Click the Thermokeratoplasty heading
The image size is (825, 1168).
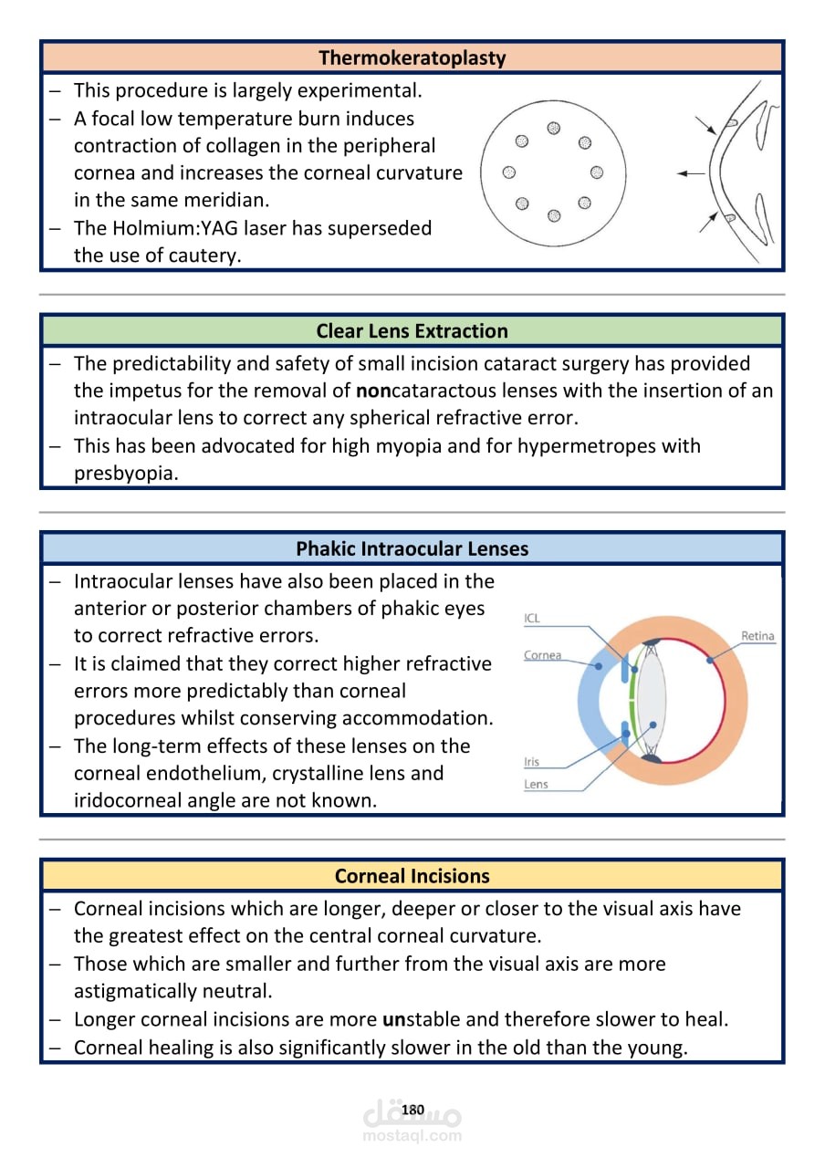point(412,57)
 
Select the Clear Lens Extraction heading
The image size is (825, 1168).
point(412,331)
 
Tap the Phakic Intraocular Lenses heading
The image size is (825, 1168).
point(412,548)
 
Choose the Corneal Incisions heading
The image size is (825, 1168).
point(412,876)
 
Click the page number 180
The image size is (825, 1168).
point(412,1110)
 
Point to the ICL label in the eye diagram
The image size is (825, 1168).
point(532,619)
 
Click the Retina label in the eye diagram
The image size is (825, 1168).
point(757,636)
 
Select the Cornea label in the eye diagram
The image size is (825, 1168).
point(542,655)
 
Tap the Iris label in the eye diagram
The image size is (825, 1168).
point(532,762)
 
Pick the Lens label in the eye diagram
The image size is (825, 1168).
point(536,784)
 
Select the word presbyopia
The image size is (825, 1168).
point(125,474)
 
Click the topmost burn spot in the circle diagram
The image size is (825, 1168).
point(554,128)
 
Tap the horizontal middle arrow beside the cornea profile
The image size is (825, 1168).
point(691,173)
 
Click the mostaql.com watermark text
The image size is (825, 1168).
point(412,1136)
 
